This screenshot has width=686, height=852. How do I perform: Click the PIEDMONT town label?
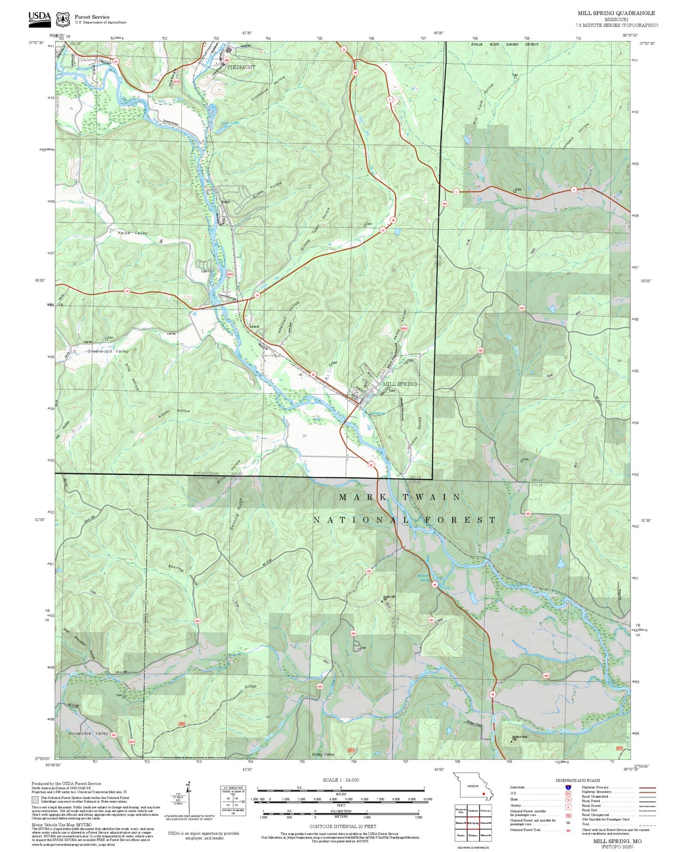coord(241,67)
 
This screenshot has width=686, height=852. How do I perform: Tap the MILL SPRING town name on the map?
coord(400,384)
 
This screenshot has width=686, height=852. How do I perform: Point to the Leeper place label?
coord(254,327)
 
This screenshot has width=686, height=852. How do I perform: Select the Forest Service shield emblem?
coord(62,19)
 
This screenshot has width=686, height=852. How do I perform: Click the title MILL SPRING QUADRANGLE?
coord(616,13)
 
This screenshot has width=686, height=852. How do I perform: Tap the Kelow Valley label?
coord(132,233)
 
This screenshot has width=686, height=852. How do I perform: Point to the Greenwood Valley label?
coord(108,351)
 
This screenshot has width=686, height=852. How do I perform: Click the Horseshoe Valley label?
coord(88,733)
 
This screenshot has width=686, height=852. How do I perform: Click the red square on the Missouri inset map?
coord(483,793)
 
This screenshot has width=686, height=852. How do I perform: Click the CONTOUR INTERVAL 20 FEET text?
coord(340,826)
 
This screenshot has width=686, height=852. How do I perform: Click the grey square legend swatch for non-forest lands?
coord(35,800)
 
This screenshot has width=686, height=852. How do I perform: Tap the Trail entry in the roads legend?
coord(585,824)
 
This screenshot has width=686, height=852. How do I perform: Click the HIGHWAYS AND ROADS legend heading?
coord(577,780)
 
